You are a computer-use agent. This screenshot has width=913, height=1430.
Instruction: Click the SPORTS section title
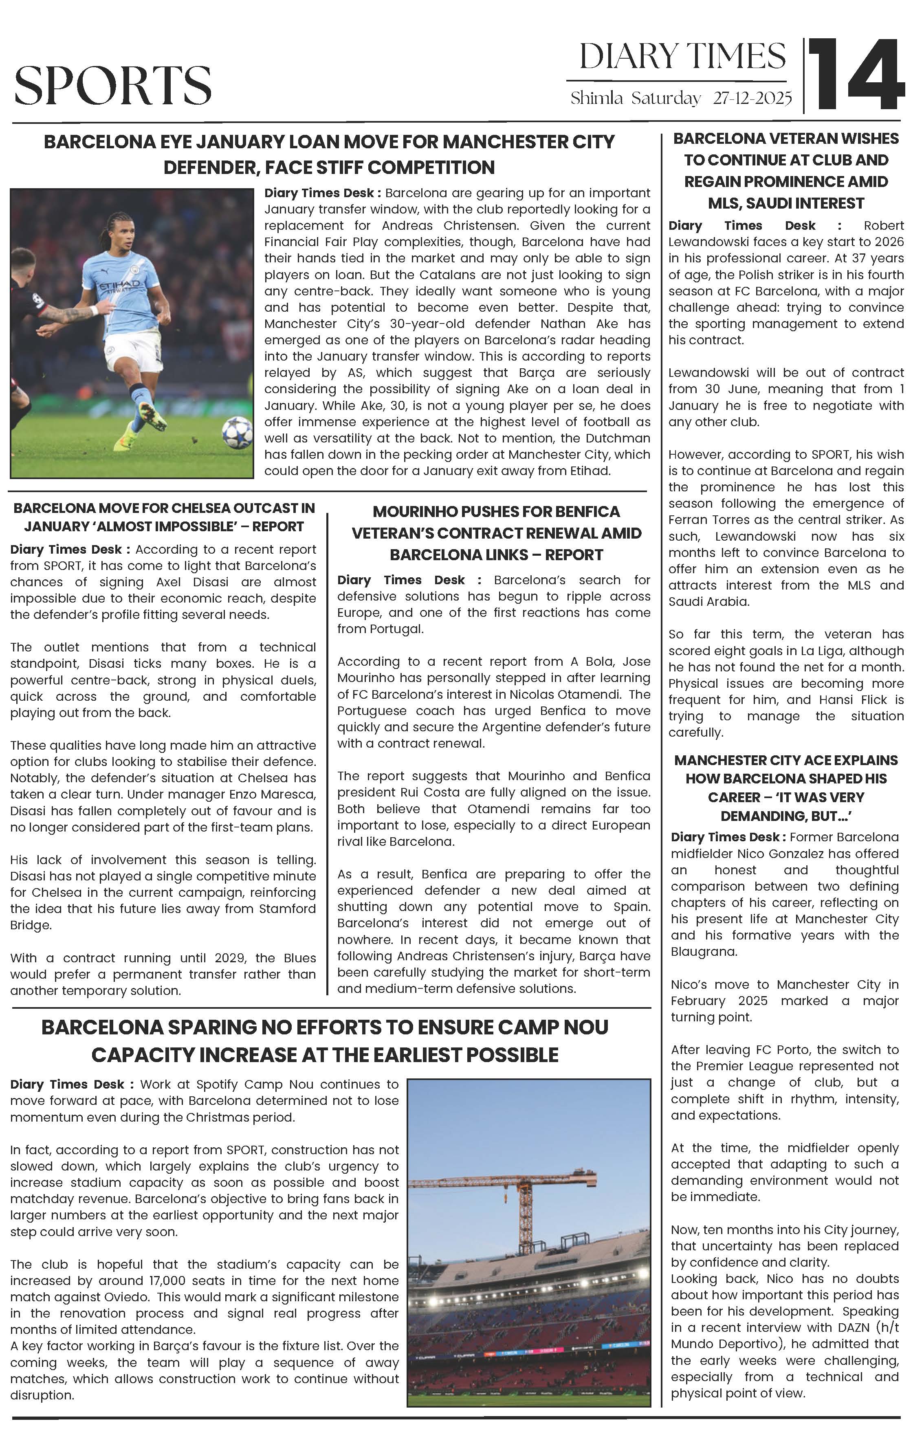pos(113,85)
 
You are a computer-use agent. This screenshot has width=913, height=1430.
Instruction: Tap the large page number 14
pos(856,75)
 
